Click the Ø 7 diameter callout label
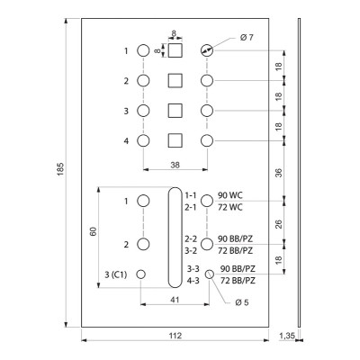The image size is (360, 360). [247, 38]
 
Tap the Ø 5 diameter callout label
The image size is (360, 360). [242, 302]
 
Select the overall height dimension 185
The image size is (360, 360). [60, 168]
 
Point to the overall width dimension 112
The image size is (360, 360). [175, 335]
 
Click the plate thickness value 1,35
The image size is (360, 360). [287, 335]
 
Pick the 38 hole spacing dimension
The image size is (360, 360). [175, 165]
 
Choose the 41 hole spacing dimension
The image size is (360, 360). [175, 300]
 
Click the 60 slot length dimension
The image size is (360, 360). [94, 231]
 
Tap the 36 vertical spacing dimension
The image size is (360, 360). [279, 173]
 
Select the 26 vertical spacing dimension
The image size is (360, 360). [279, 224]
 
